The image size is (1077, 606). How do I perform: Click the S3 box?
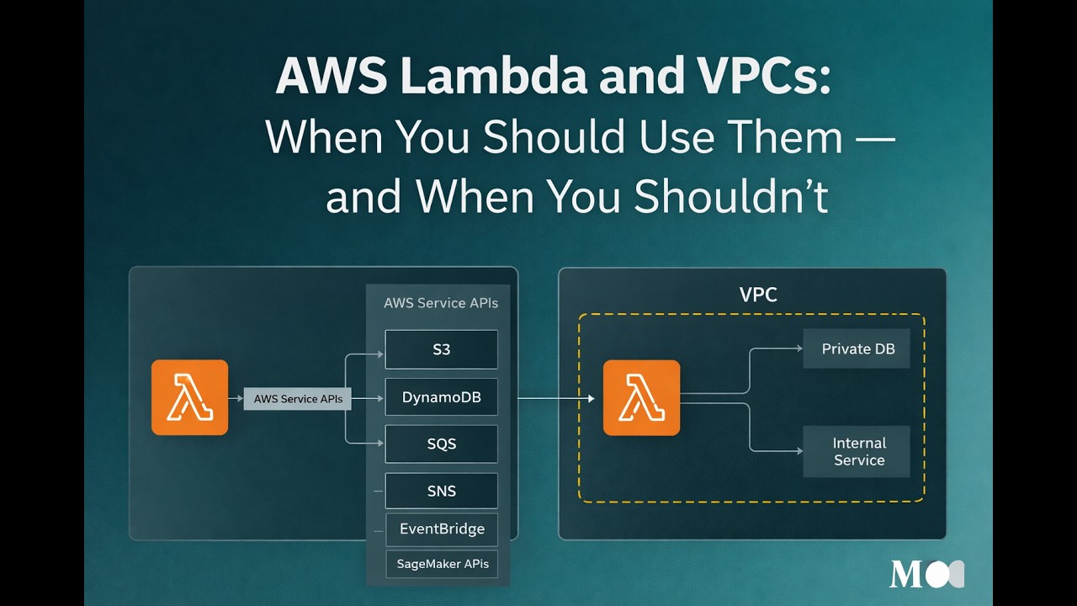click(x=441, y=349)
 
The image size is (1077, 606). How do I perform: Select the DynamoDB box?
click(x=441, y=397)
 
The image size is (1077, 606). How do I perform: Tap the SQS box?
click(x=441, y=444)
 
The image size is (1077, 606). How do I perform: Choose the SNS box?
click(x=441, y=491)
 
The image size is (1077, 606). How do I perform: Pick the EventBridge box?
click(x=441, y=529)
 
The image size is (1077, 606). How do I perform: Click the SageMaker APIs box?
click(x=442, y=564)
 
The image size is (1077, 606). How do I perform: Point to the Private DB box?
click(x=857, y=348)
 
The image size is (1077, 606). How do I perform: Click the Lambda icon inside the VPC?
click(x=641, y=398)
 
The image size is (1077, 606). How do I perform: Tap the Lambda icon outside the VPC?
click(x=189, y=397)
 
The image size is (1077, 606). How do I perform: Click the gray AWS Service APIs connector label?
click(x=298, y=399)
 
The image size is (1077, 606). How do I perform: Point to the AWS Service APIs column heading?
click(x=441, y=303)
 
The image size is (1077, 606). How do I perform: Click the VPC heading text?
click(x=758, y=295)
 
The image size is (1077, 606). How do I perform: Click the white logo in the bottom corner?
click(x=926, y=574)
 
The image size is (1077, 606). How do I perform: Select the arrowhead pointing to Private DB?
click(x=798, y=348)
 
